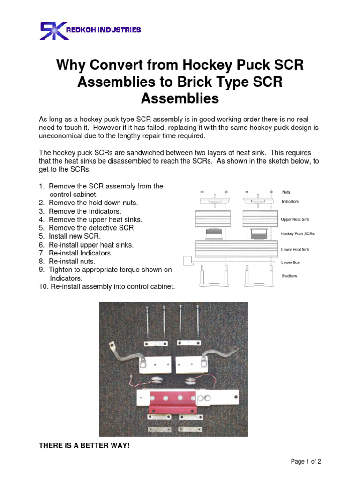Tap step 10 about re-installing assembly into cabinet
[x=107, y=286]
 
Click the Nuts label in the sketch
[x=286, y=192]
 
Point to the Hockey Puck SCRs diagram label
[x=298, y=233]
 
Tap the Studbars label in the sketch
[x=289, y=276]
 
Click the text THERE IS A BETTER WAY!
[x=84, y=445]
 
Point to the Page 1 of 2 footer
[x=306, y=462]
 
